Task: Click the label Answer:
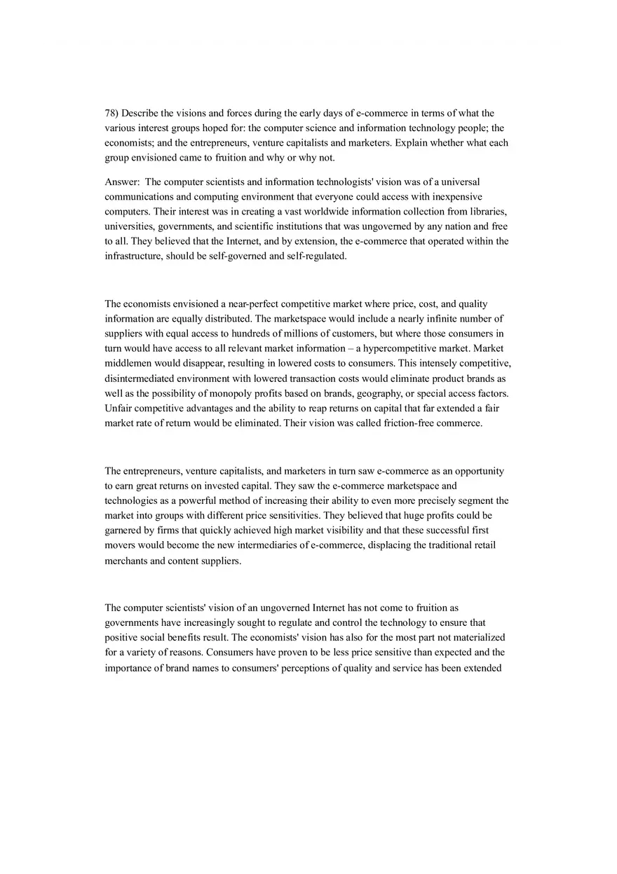(x=122, y=182)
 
